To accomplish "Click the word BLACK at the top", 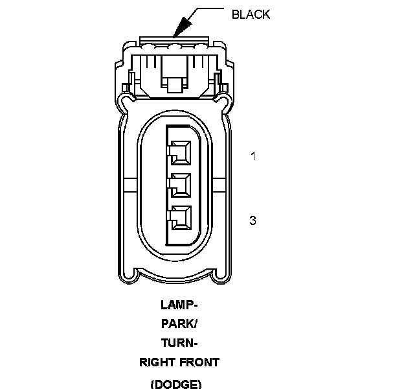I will point(251,14).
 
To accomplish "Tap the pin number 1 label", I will point(254,156).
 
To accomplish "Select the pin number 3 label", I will point(253,220).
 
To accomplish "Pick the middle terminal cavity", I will point(181,185).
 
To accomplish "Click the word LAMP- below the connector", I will point(179,304).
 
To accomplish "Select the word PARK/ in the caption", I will point(179,324).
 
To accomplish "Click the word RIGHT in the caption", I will point(157,363).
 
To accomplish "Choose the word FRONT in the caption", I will point(201,363).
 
